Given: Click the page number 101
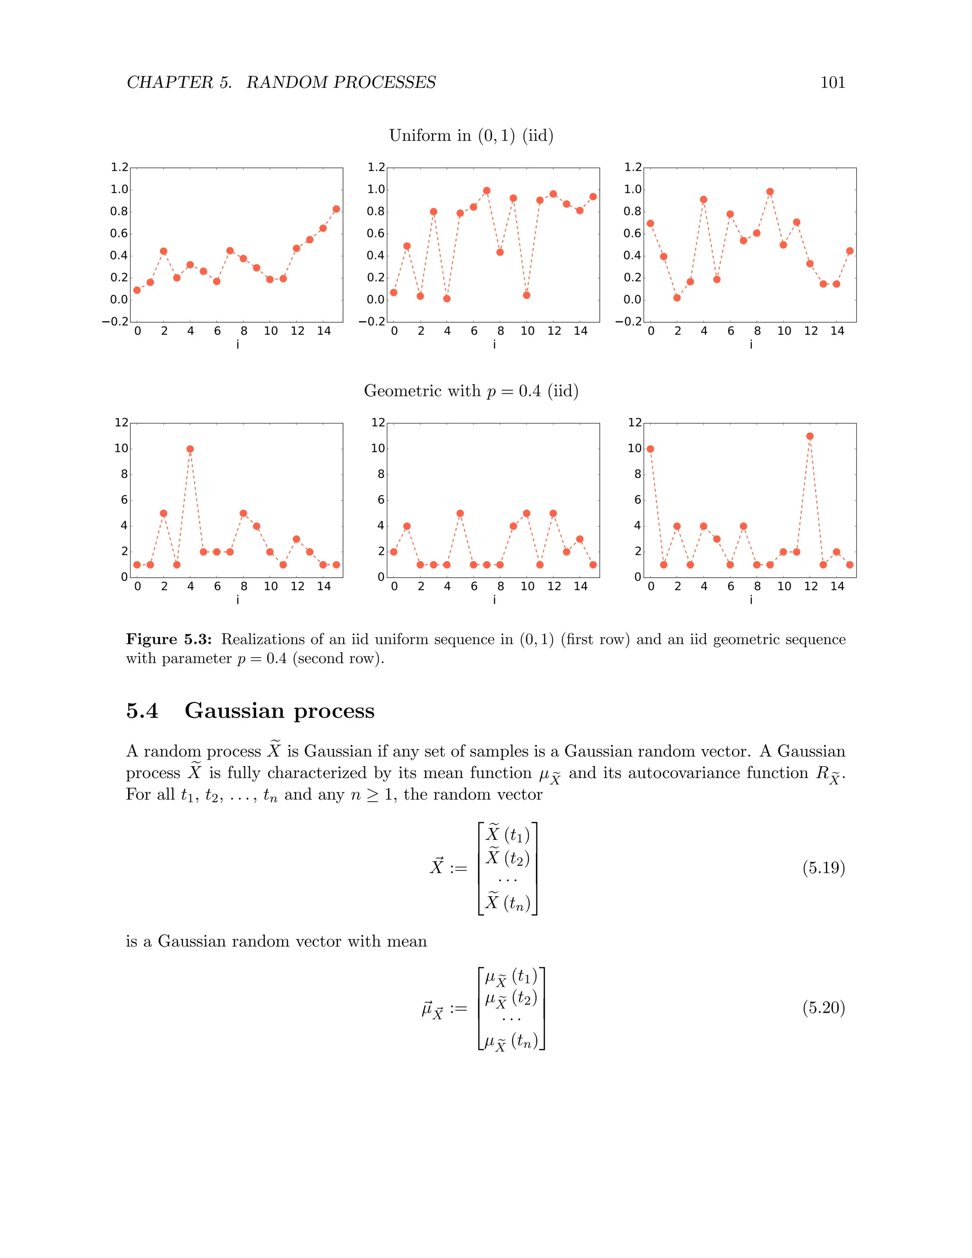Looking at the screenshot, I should click(832, 83).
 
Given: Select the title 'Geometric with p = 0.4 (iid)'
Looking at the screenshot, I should click(470, 391).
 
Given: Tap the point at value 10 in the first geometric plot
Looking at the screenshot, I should click(190, 449).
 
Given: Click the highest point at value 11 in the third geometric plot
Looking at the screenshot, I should click(810, 436).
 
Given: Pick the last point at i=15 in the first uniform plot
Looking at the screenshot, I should click(336, 209).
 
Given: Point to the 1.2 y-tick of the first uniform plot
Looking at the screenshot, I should click(119, 168).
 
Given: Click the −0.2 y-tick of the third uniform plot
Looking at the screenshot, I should click(628, 321).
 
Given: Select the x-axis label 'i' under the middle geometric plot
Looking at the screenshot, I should click(494, 600).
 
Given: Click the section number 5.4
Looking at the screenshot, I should click(141, 711).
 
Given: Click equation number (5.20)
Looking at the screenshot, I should click(823, 1007).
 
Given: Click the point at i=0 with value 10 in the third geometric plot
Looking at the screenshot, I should click(650, 449).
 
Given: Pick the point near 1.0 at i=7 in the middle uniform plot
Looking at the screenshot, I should click(486, 191).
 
